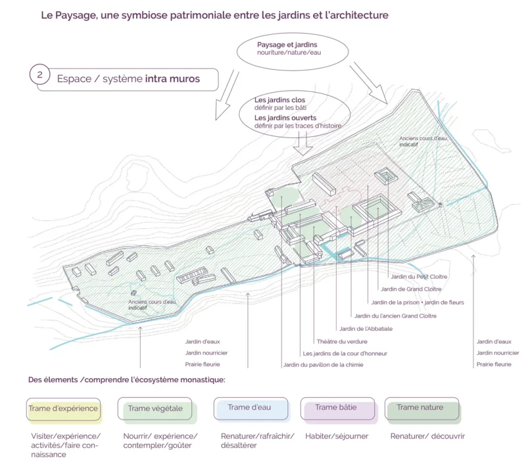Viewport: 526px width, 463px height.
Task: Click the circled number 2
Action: pyautogui.click(x=40, y=74)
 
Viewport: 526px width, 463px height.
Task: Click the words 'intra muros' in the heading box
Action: pyautogui.click(x=172, y=78)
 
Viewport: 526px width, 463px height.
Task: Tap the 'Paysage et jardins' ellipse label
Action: pyautogui.click(x=287, y=45)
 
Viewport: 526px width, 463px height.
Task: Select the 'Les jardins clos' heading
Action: pyautogui.click(x=280, y=100)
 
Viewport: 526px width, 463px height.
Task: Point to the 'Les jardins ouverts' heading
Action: pyautogui.click(x=285, y=118)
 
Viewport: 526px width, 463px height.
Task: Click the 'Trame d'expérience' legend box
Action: pyautogui.click(x=63, y=409)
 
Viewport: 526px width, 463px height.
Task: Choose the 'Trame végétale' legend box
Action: pyautogui.click(x=155, y=408)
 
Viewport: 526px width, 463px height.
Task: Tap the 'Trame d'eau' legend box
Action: pyautogui.click(x=251, y=408)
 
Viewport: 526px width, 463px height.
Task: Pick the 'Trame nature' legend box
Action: pyautogui.click(x=422, y=408)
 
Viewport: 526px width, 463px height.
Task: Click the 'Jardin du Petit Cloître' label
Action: pyautogui.click(x=419, y=277)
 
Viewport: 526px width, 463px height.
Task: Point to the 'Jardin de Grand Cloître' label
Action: pyautogui.click(x=412, y=289)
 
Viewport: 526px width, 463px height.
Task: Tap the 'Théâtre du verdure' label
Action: pyautogui.click(x=342, y=341)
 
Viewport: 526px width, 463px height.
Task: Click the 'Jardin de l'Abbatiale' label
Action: pyautogui.click(x=366, y=329)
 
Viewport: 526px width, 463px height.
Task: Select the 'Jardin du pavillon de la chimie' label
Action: pyautogui.click(x=323, y=365)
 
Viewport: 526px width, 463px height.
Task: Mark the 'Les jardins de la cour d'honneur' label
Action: pyautogui.click(x=345, y=354)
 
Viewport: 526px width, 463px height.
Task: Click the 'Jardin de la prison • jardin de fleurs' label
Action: pyautogui.click(x=418, y=303)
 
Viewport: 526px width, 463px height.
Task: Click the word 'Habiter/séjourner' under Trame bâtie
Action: pyautogui.click(x=337, y=436)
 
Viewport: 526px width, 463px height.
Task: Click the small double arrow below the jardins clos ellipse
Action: pyautogui.click(x=303, y=143)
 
